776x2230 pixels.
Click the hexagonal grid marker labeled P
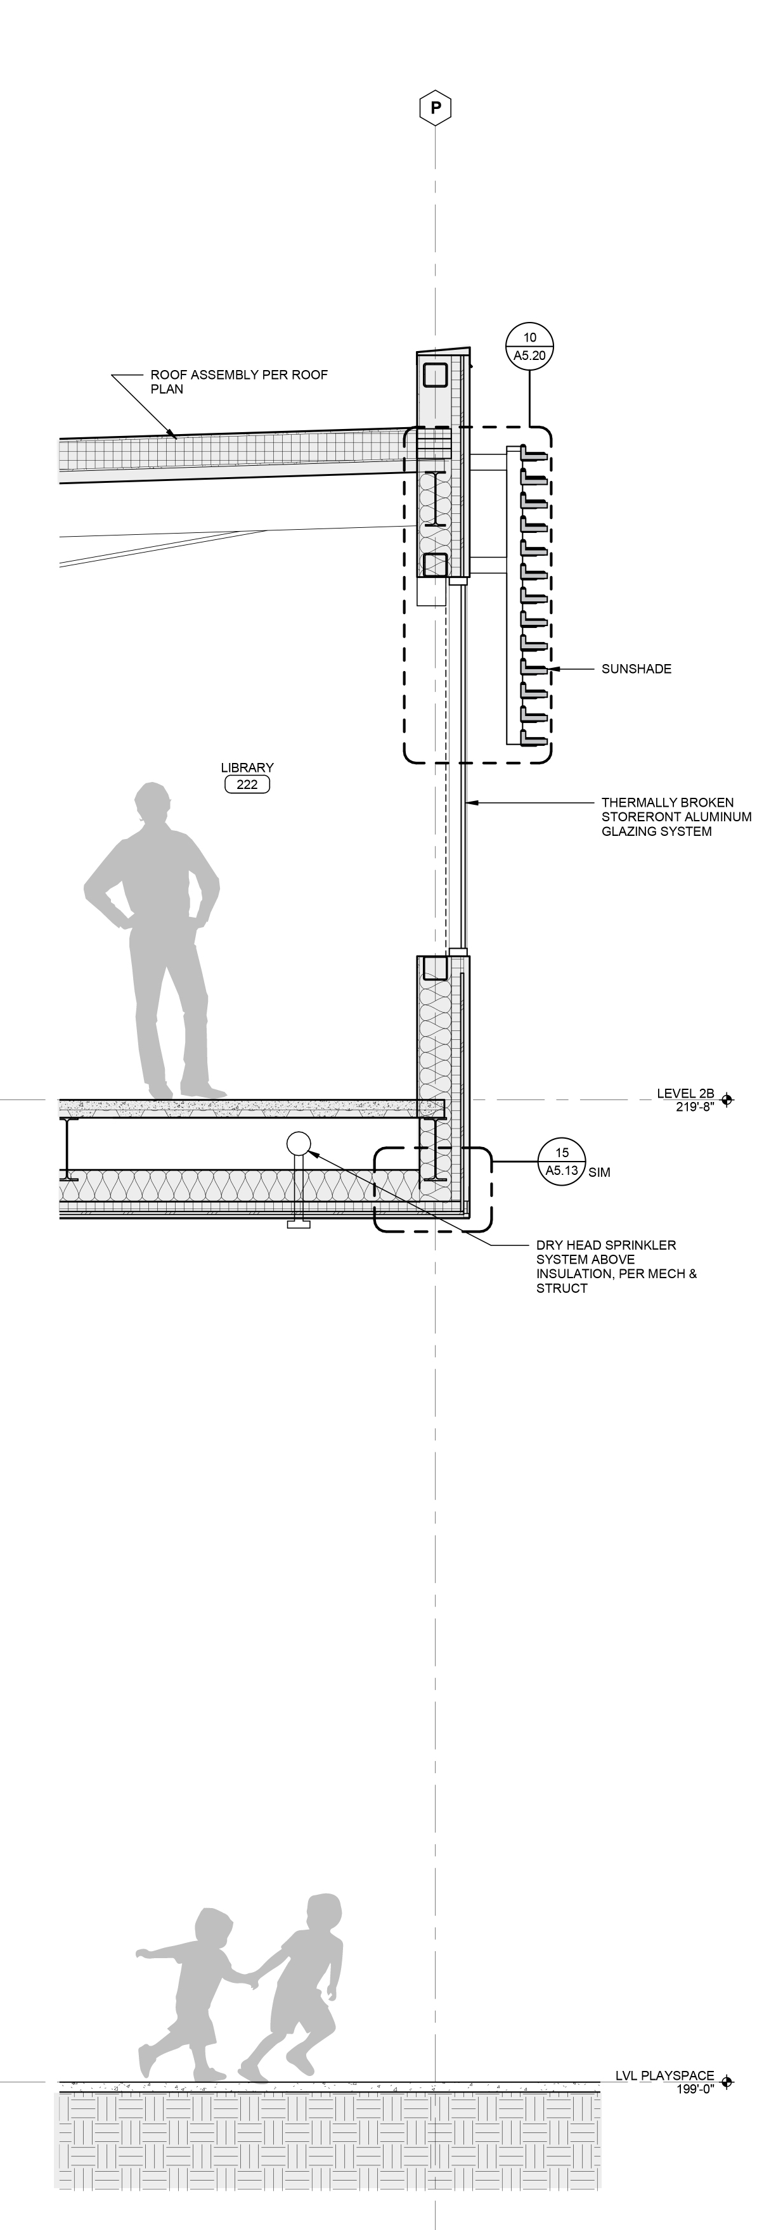436,108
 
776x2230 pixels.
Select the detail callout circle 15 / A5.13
562,1162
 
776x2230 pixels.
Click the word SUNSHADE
637,669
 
